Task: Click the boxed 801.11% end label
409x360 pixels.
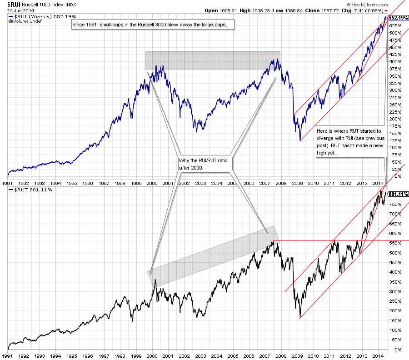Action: pos(398,194)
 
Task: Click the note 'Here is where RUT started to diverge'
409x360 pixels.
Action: pos(350,141)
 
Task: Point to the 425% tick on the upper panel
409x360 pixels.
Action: pos(394,54)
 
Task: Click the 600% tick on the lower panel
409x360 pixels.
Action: pos(394,233)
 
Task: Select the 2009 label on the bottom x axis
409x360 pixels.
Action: pos(297,356)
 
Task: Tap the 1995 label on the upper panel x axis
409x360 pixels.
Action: pos(71,183)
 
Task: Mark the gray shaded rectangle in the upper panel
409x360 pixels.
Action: pos(212,60)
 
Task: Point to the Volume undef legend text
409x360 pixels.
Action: pos(22,21)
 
